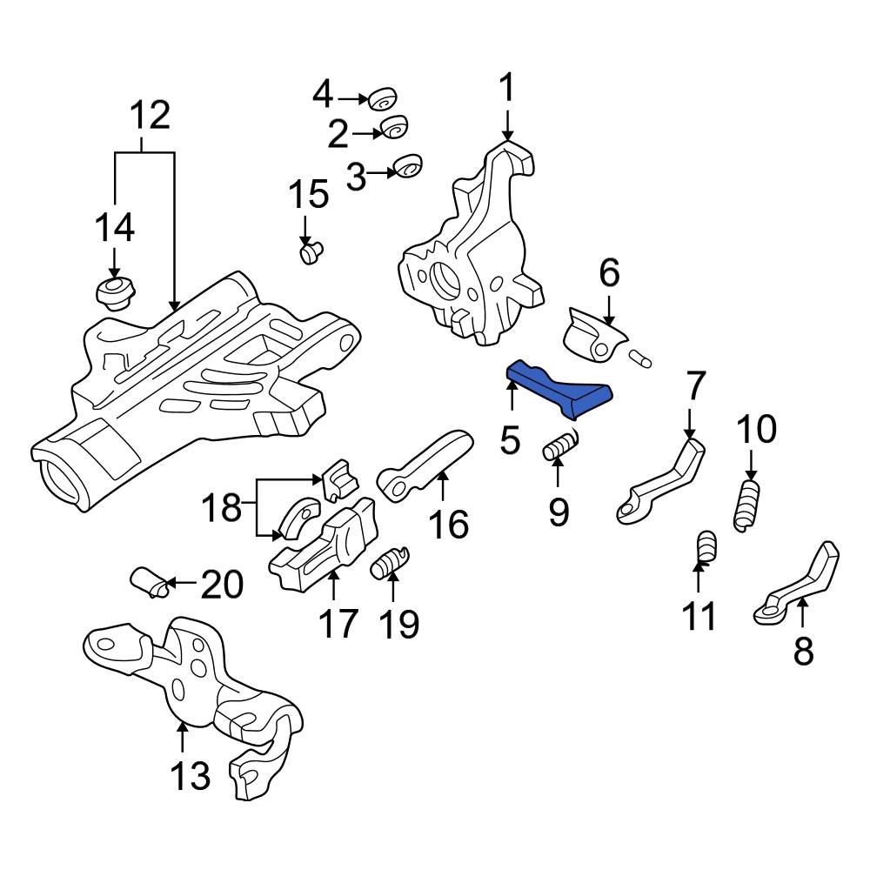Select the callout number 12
click(x=150, y=115)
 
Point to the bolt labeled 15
click(x=311, y=252)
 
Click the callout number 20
click(x=221, y=586)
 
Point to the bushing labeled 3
click(x=407, y=166)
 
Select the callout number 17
click(x=337, y=623)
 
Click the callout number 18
click(x=222, y=507)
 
